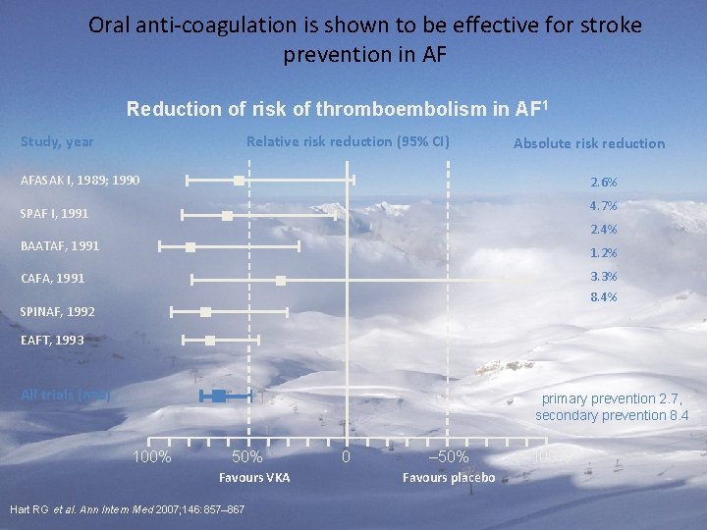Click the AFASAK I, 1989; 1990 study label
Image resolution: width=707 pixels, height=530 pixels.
[81, 181]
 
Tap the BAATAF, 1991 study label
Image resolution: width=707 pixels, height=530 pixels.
[60, 245]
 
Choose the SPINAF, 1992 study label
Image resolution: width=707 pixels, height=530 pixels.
[58, 311]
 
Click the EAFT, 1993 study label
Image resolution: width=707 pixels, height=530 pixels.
[53, 341]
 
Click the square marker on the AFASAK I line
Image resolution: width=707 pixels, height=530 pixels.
[239, 180]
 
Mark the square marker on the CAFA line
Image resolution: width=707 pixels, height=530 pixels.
[281, 281]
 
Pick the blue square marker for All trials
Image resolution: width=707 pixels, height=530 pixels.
[218, 396]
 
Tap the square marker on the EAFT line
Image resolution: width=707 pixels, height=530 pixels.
[210, 341]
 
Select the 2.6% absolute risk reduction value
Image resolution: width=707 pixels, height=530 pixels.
[603, 183]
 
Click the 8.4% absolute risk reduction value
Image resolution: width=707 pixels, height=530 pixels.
[603, 297]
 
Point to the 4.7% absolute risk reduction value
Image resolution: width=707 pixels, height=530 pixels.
[603, 206]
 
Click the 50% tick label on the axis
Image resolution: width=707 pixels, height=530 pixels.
[246, 457]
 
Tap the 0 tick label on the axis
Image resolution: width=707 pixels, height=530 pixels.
[345, 457]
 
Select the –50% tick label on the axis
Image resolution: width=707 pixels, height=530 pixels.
[449, 457]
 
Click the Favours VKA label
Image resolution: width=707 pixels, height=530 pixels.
[254, 478]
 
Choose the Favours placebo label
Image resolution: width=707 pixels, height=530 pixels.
[449, 478]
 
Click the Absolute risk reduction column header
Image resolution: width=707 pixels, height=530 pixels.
[589, 143]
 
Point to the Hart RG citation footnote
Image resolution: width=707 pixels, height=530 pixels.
[127, 509]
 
